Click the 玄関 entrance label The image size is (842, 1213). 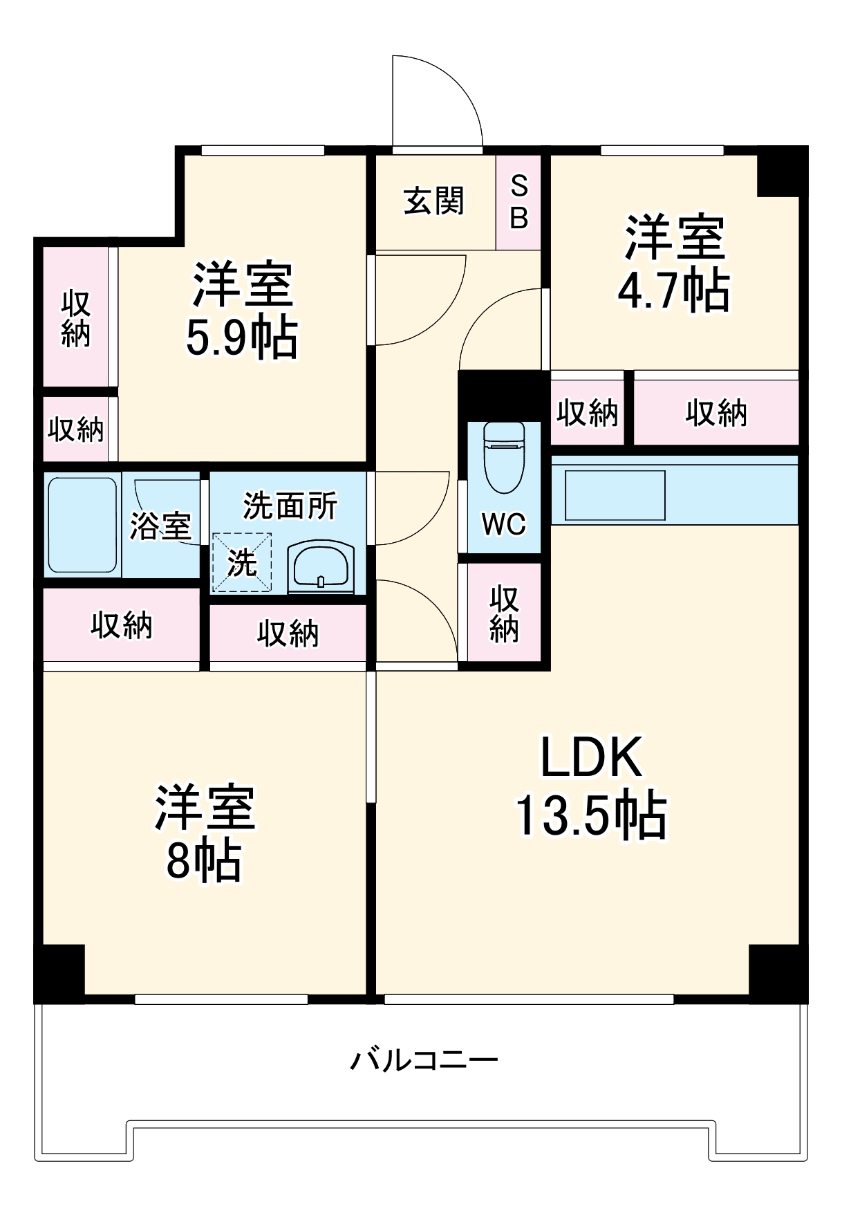[433, 201]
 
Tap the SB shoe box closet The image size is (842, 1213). [518, 202]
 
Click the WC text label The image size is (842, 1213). [503, 525]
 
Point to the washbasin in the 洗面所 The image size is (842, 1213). [321, 566]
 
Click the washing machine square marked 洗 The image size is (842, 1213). [241, 563]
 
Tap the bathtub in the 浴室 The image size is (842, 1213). [82, 525]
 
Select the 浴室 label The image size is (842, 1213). [160, 526]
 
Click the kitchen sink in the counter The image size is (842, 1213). [615, 495]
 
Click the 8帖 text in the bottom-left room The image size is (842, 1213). [203, 861]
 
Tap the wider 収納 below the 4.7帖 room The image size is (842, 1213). [716, 413]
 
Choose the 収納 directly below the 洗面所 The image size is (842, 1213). [288, 633]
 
